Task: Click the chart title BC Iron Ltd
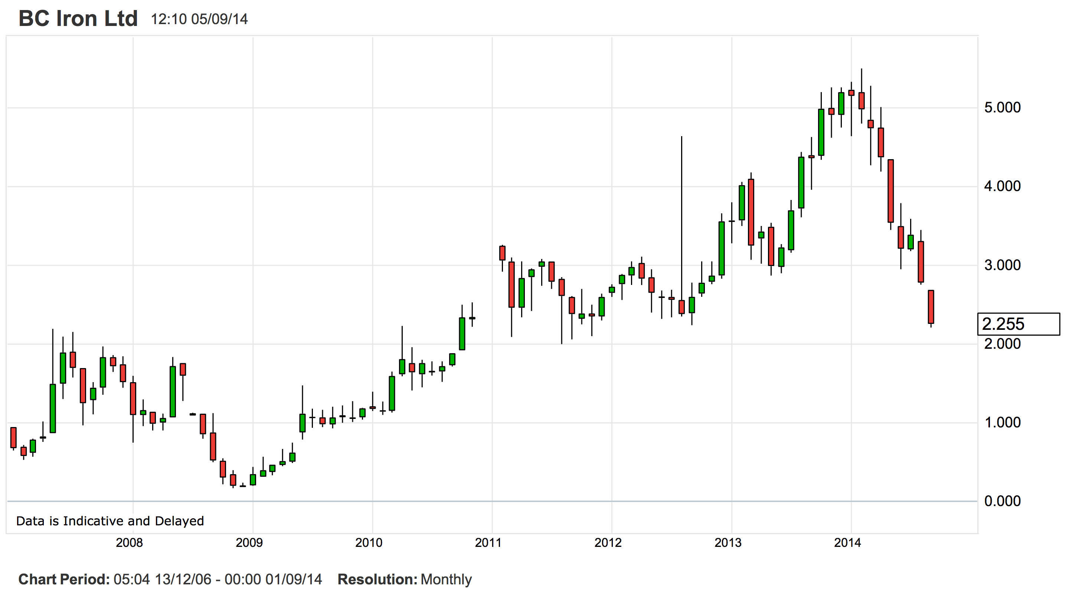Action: [78, 19]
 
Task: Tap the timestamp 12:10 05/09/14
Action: [199, 19]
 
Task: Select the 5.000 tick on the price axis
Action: [1002, 108]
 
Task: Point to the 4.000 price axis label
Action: [1002, 186]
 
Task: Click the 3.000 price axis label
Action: [1002, 265]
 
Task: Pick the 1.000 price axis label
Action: [1002, 423]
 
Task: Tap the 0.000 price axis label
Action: [1002, 501]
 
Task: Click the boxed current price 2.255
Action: [1003, 324]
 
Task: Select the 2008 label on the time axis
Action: [129, 542]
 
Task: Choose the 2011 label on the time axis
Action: [488, 542]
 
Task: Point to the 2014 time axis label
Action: [847, 542]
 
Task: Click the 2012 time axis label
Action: [608, 542]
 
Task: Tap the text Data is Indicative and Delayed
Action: [110, 521]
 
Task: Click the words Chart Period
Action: [64, 580]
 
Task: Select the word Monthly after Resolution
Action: [446, 580]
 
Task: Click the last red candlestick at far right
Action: [931, 307]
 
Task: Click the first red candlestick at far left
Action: [13, 438]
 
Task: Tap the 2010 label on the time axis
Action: [369, 542]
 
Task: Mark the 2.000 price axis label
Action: [1002, 344]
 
